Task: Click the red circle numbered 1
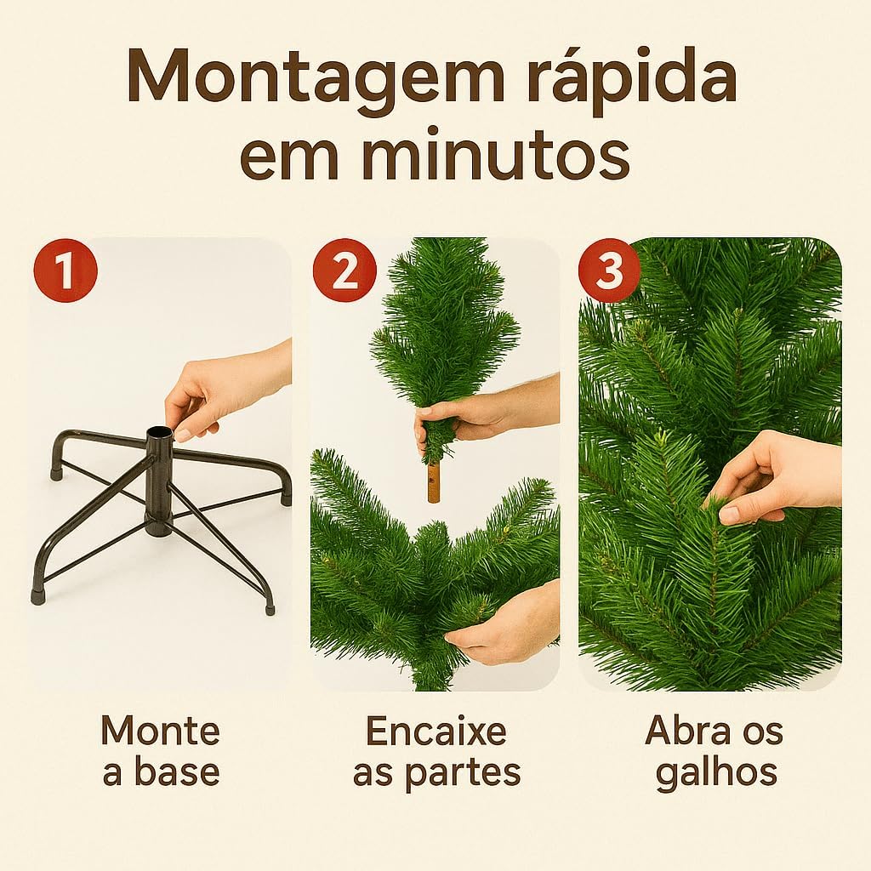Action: (x=65, y=271)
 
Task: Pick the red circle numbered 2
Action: (x=344, y=271)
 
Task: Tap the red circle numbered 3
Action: (x=609, y=271)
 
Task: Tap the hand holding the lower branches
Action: (x=502, y=625)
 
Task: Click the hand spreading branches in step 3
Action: (x=774, y=476)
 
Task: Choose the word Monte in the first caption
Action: (x=160, y=730)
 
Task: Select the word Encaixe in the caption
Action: (x=435, y=730)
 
